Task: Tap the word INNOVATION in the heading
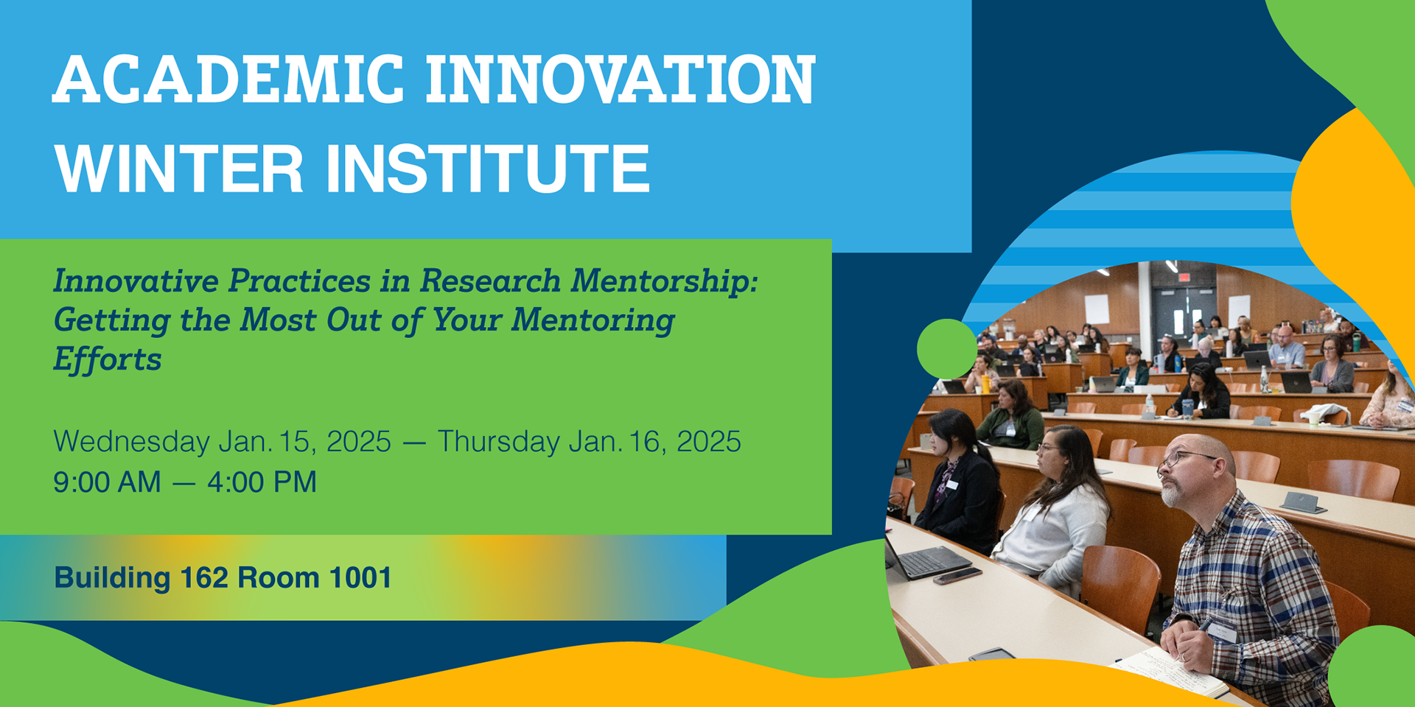621,79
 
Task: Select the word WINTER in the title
179,168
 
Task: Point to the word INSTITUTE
488,168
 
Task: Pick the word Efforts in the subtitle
108,359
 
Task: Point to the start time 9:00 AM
107,482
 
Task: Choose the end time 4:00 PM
262,482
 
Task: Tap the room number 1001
360,578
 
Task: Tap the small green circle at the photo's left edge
947,349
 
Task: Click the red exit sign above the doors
1184,278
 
